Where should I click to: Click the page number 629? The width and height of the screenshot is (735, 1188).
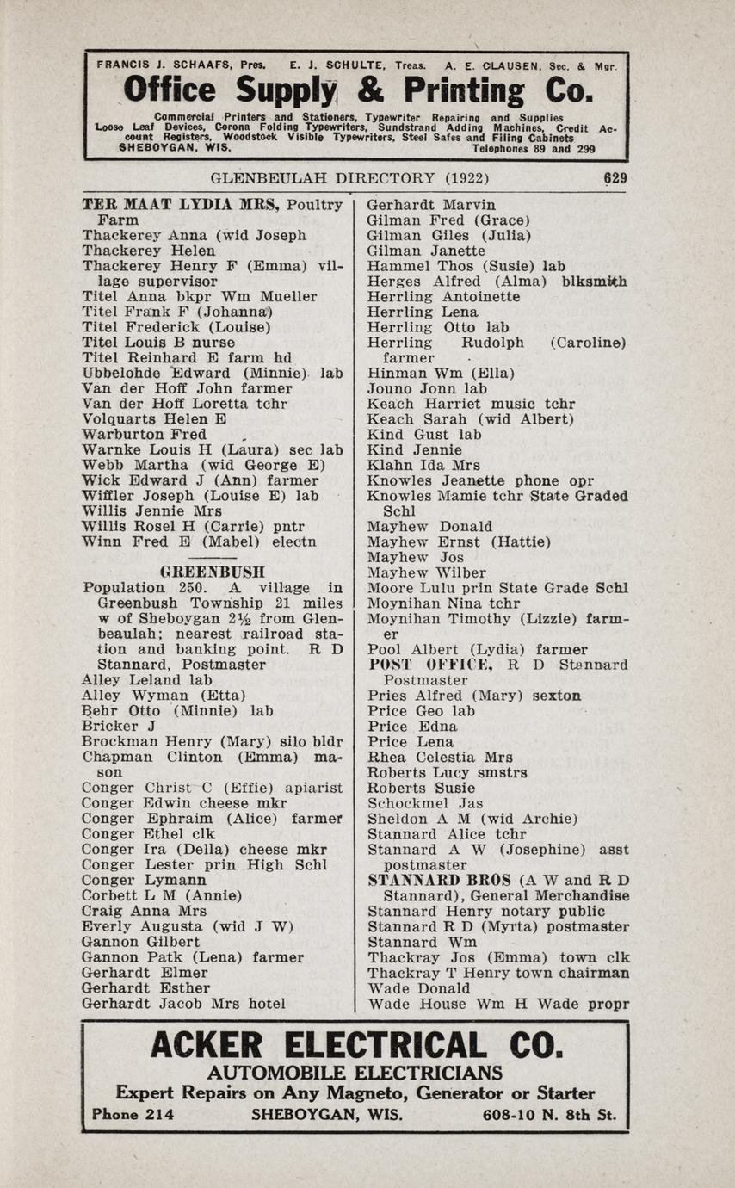coord(615,179)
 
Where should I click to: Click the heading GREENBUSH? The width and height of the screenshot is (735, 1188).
coord(213,572)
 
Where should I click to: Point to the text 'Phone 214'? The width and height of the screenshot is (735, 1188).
coord(133,1115)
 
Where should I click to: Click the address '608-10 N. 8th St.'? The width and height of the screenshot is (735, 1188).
coord(549,1115)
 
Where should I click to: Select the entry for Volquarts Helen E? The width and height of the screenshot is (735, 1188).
coord(154,419)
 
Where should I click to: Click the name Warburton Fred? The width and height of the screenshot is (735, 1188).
coord(144,435)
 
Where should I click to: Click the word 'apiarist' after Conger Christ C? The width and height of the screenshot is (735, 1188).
coord(314,788)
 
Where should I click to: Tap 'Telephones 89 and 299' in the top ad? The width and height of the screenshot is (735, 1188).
coord(538,148)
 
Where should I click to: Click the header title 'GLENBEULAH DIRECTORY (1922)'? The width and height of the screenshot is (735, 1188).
coord(349,179)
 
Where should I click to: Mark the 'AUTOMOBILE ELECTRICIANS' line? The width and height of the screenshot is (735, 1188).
coord(355,1073)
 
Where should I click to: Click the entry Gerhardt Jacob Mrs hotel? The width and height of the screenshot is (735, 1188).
coord(183,1003)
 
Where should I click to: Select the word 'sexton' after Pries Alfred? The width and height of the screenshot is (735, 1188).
coord(556,696)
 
